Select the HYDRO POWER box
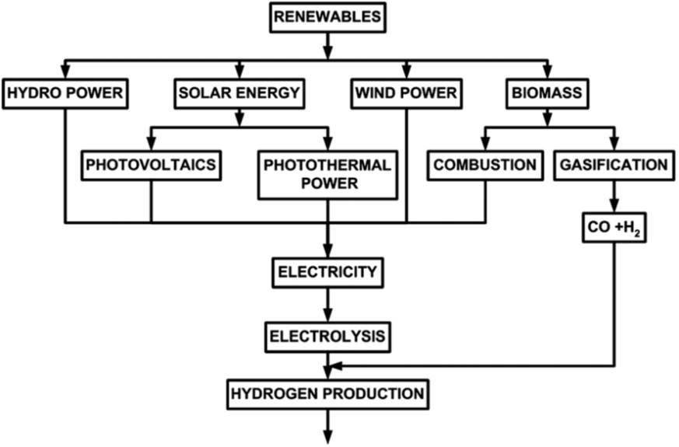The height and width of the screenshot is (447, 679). tap(65, 93)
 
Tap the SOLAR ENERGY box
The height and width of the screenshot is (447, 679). tap(238, 93)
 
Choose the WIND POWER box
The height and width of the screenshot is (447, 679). tap(405, 93)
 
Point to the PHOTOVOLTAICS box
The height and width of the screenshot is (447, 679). tap(150, 165)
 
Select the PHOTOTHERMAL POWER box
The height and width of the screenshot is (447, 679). tap(327, 174)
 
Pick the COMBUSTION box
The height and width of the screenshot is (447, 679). tap(485, 165)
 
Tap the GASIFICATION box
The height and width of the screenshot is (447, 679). tap(614, 165)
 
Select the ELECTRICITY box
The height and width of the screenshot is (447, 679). tap(327, 272)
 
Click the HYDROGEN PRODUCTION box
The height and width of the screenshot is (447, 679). tap(327, 393)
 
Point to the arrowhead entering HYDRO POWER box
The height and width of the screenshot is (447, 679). tap(65, 72)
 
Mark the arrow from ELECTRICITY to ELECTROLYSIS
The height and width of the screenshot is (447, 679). tap(327, 305)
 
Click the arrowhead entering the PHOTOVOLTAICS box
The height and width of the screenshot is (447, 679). tap(150, 144)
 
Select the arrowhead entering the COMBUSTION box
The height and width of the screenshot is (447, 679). tap(485, 144)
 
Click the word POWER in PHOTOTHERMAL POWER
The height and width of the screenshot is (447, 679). tap(327, 184)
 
